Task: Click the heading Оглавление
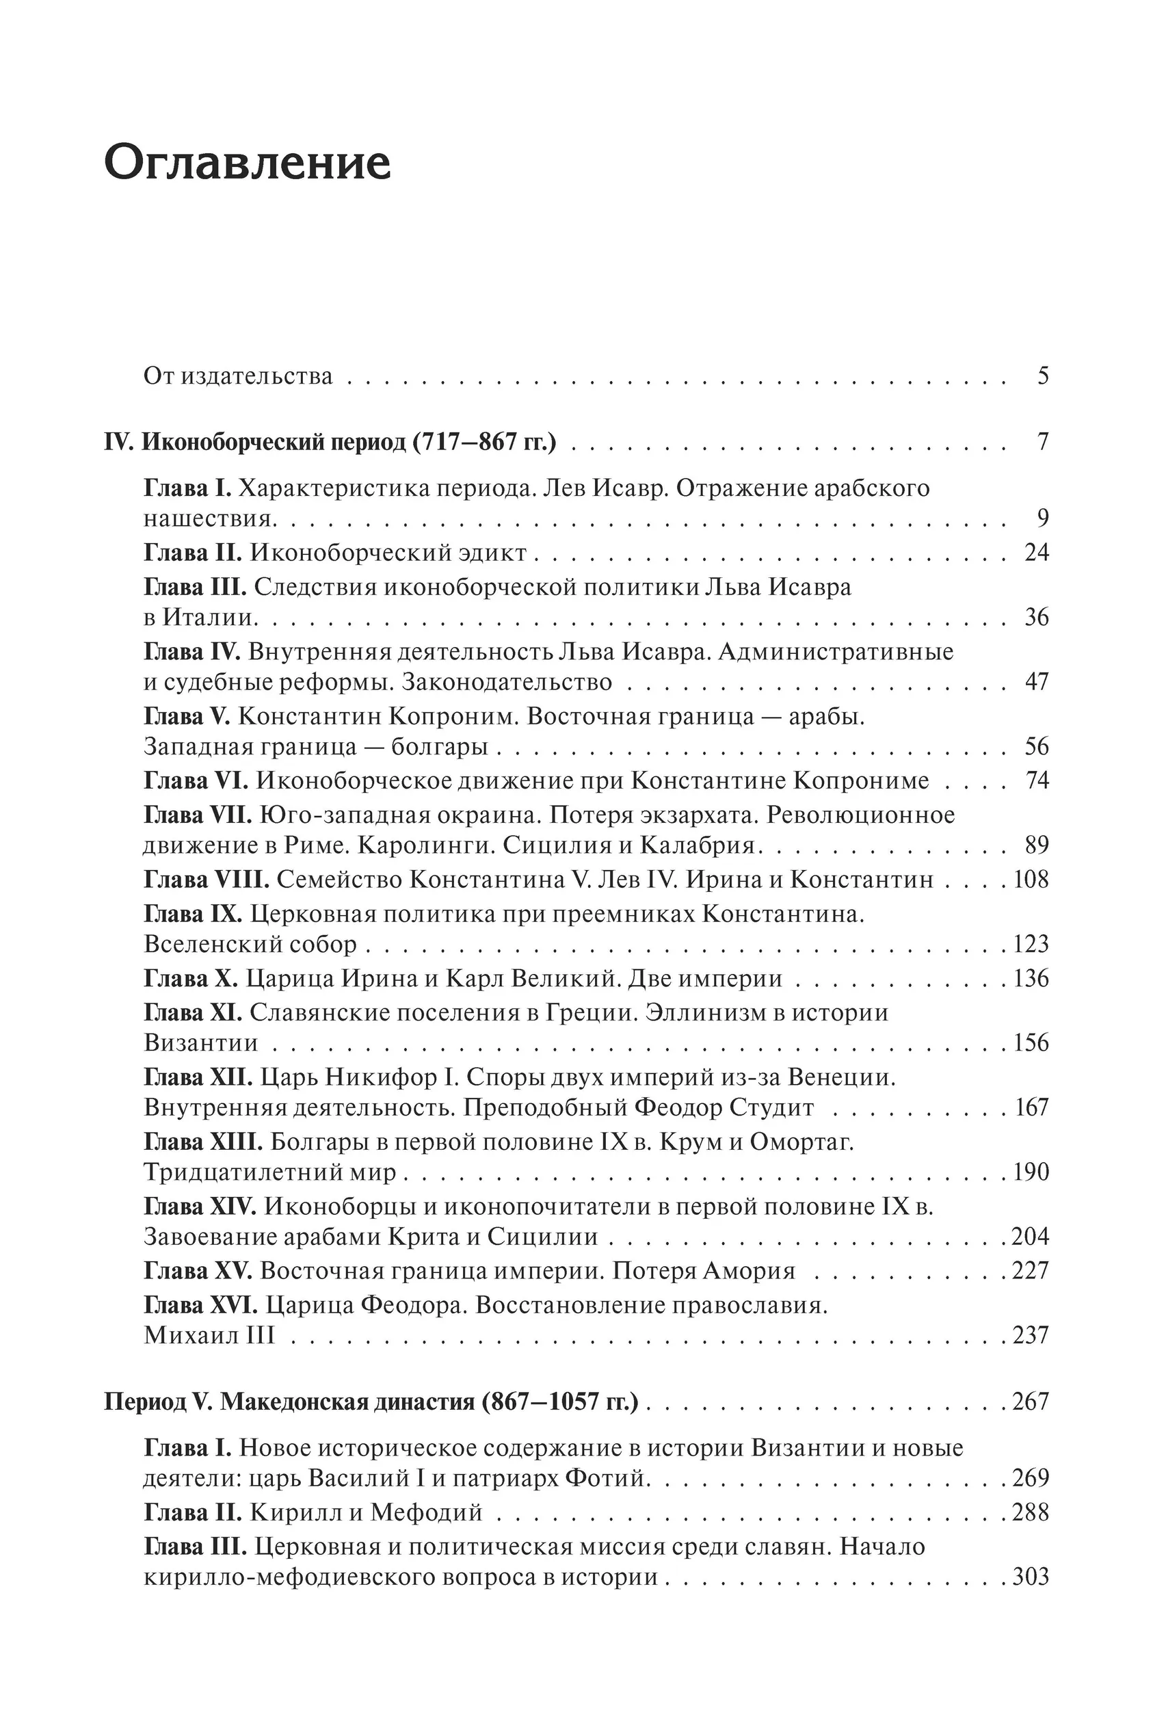coord(247,163)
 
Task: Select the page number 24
coord(1036,553)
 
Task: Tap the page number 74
coord(1037,780)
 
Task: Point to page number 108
coord(1031,879)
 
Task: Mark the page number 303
coord(1030,1577)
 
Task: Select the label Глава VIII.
coord(207,879)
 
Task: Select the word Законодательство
coord(507,682)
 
